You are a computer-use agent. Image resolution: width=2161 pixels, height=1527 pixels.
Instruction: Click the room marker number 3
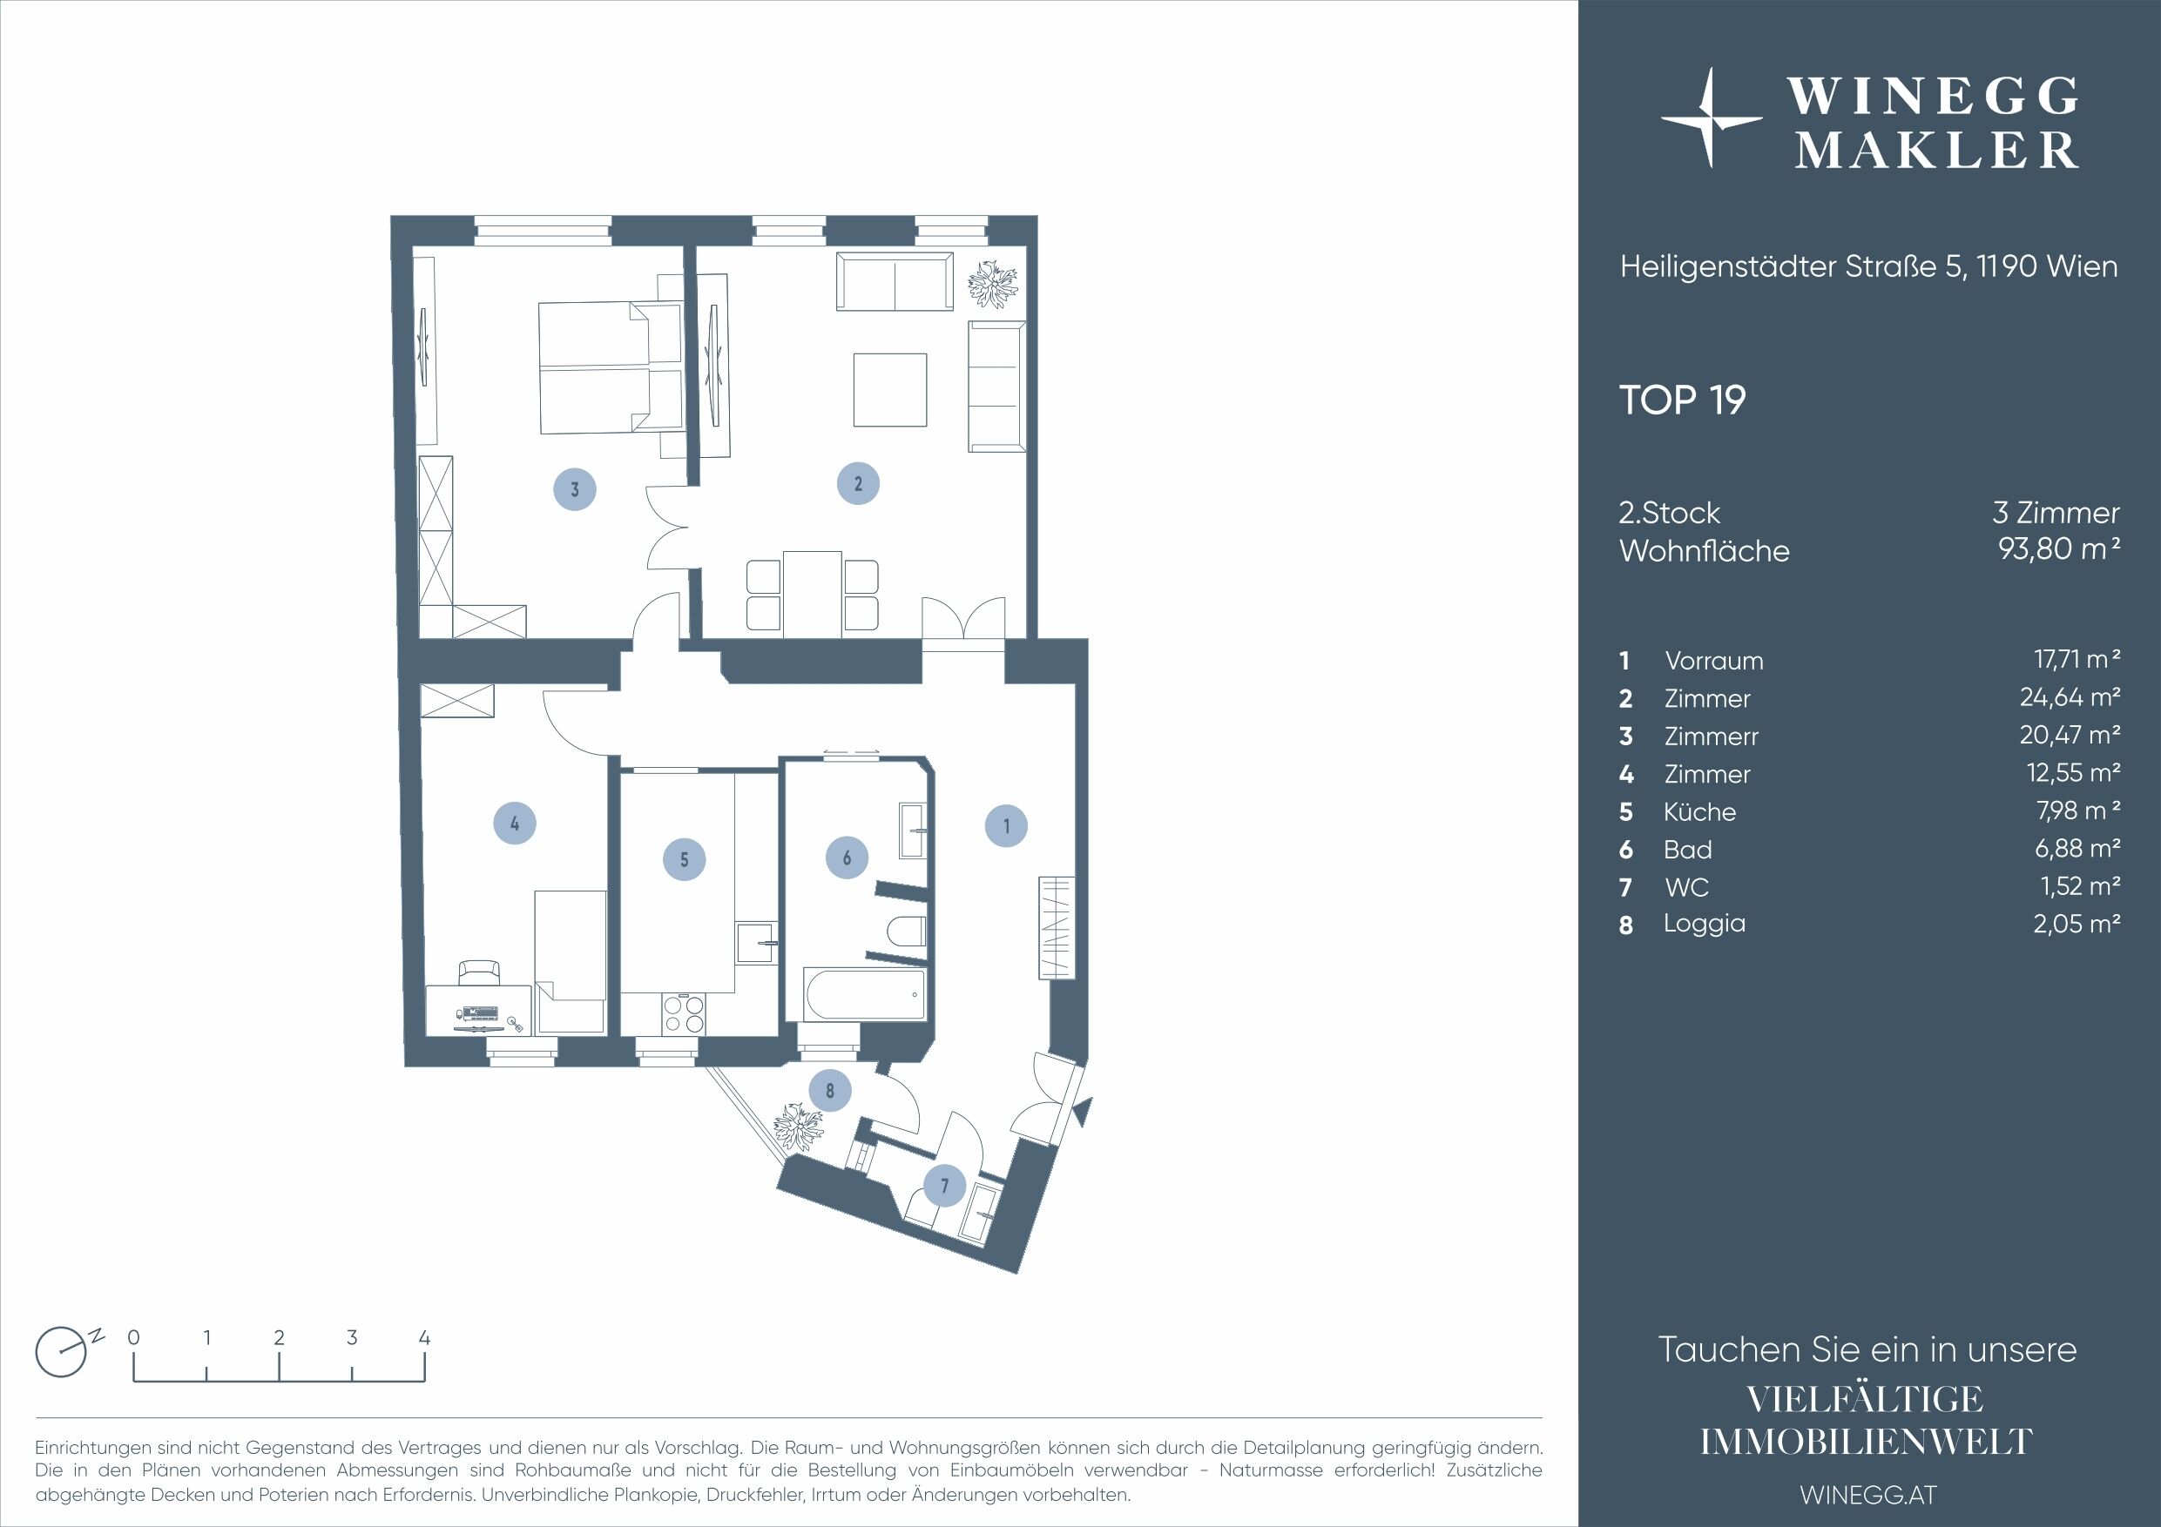tap(574, 489)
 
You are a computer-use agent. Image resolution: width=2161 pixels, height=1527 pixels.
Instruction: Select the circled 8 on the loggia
tap(829, 1091)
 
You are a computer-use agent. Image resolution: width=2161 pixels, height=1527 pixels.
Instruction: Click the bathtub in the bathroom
tap(864, 995)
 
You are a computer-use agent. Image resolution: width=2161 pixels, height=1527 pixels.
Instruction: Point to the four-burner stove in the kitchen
tap(683, 1014)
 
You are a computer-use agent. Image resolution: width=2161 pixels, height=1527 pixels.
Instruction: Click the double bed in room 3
tap(609, 368)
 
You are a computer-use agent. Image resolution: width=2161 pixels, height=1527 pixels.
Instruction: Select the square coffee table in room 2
tap(889, 389)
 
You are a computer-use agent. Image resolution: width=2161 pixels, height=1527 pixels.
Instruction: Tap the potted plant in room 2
tap(993, 282)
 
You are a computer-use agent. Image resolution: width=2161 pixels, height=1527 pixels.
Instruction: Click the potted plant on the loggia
tap(798, 1127)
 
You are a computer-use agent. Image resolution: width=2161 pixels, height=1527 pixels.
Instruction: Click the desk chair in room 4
tap(480, 971)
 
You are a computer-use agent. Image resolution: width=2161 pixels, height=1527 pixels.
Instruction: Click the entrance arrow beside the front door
tap(1084, 1111)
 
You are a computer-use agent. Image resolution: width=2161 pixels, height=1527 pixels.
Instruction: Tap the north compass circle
tap(60, 1353)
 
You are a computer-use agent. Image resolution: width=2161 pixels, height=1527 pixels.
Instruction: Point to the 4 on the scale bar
tap(424, 1337)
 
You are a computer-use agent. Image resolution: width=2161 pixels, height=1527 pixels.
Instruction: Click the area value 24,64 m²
tap(2069, 697)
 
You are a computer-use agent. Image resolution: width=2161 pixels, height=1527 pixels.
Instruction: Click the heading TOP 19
tap(1682, 400)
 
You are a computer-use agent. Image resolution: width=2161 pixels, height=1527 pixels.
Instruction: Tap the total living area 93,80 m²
tap(2058, 548)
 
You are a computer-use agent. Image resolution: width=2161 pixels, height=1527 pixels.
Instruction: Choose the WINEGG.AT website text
tap(1867, 1494)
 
